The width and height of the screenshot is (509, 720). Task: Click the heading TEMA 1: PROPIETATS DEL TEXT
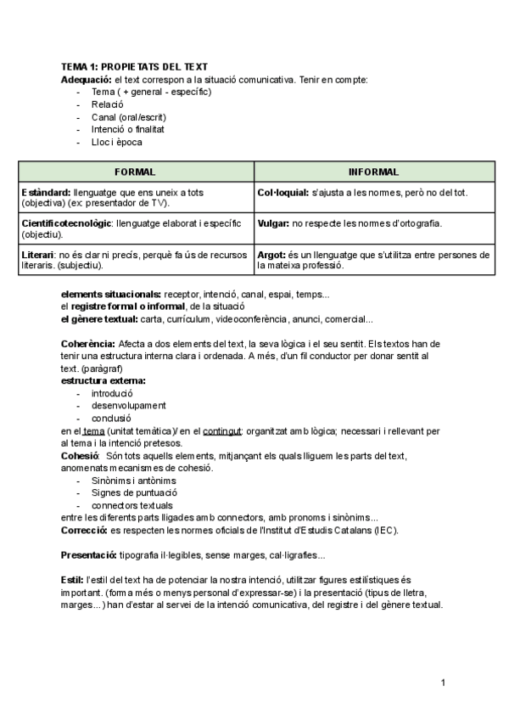click(x=134, y=67)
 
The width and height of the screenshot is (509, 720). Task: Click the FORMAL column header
click(x=134, y=172)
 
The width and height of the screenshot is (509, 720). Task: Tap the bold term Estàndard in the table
click(x=45, y=193)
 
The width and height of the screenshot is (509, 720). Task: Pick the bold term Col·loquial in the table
click(x=282, y=193)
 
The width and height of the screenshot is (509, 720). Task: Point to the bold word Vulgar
click(x=272, y=223)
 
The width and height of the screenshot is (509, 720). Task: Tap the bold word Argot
click(x=271, y=255)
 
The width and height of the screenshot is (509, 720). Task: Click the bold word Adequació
click(x=87, y=79)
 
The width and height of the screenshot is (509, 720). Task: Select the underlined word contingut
click(x=223, y=431)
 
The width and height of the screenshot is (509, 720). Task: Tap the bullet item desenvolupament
click(x=128, y=406)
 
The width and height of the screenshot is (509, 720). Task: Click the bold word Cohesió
click(x=81, y=456)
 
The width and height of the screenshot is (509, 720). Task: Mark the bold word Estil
click(x=72, y=580)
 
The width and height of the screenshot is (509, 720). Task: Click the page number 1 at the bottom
click(x=443, y=683)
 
